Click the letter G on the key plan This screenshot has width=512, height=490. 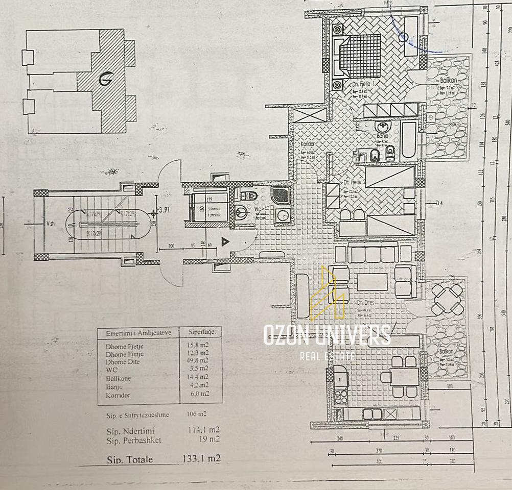[106, 79]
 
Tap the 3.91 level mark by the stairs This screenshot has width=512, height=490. [165, 210]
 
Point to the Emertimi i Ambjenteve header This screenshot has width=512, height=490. [138, 333]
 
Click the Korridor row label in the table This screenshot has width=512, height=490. [119, 395]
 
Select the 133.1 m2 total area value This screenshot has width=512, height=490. [201, 459]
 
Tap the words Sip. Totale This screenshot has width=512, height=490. [130, 459]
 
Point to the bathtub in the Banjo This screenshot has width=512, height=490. [409, 139]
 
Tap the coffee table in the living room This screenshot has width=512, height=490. [372, 282]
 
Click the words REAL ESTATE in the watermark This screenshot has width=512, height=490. [327, 356]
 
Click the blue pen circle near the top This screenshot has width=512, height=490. [404, 36]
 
